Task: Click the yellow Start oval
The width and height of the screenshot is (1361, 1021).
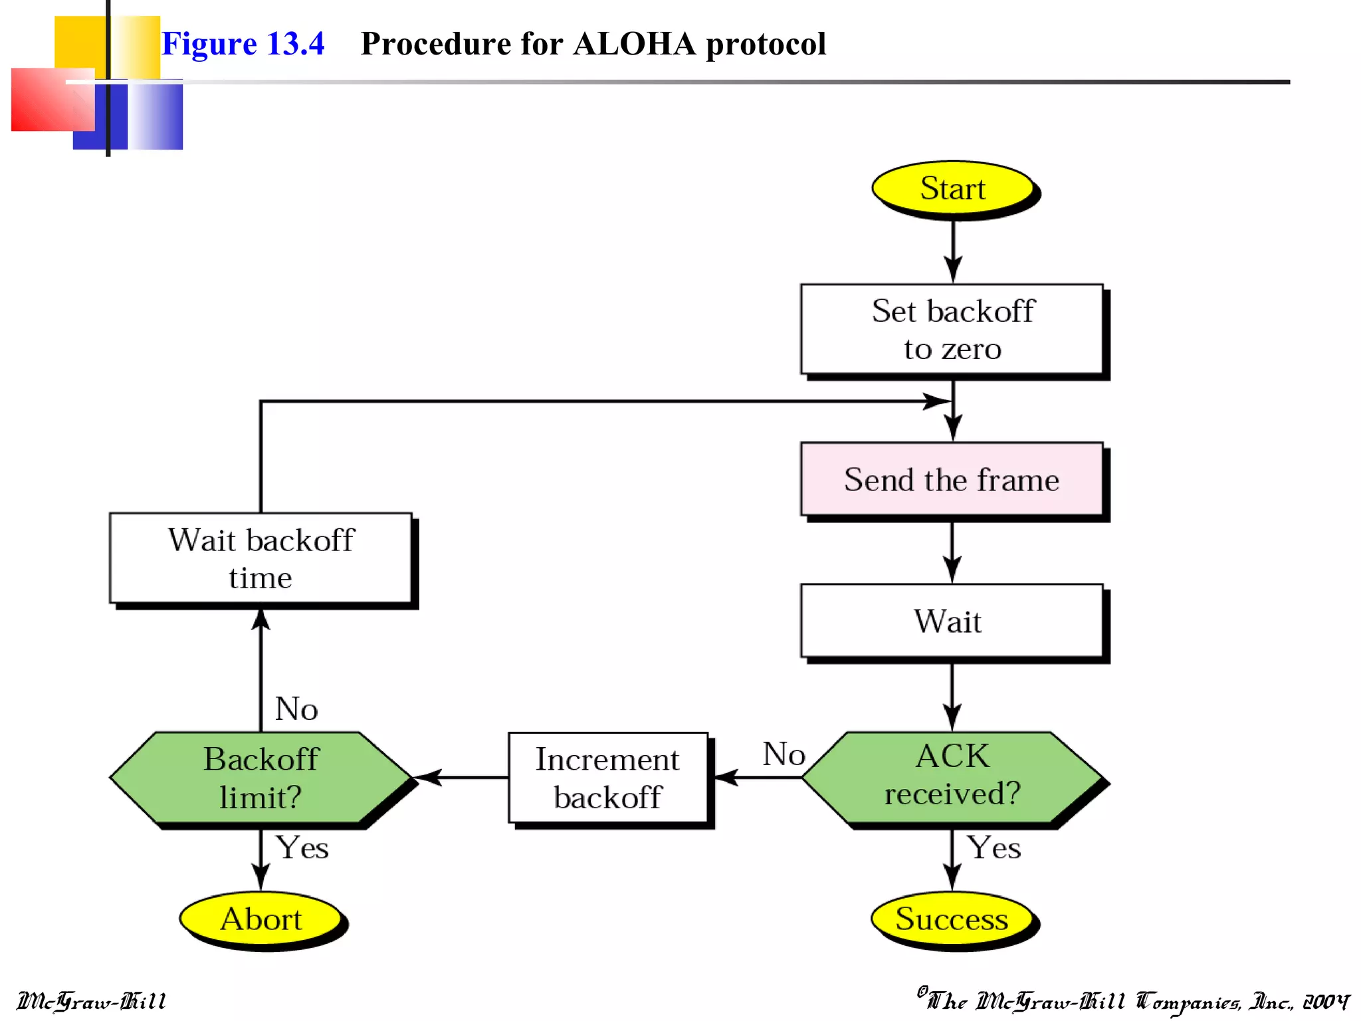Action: click(x=953, y=188)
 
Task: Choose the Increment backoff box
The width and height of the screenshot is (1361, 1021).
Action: click(x=607, y=777)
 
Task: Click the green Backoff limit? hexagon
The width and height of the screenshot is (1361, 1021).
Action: click(x=261, y=777)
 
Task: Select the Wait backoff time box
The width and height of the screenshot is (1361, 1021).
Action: click(x=261, y=558)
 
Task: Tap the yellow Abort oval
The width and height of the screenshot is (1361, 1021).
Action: click(x=261, y=919)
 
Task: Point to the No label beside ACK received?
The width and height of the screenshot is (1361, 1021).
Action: click(x=784, y=754)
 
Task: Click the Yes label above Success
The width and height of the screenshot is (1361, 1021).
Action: click(x=994, y=848)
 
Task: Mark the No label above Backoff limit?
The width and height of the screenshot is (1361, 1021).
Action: click(x=296, y=709)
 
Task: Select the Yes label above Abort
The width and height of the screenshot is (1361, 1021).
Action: click(x=302, y=848)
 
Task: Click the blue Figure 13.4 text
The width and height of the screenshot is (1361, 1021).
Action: click(x=243, y=44)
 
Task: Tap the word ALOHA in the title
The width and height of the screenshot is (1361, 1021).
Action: click(x=634, y=44)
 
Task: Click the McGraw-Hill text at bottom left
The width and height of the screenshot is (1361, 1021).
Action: click(x=92, y=1001)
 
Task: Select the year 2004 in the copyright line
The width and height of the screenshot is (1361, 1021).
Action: click(x=1325, y=1001)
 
